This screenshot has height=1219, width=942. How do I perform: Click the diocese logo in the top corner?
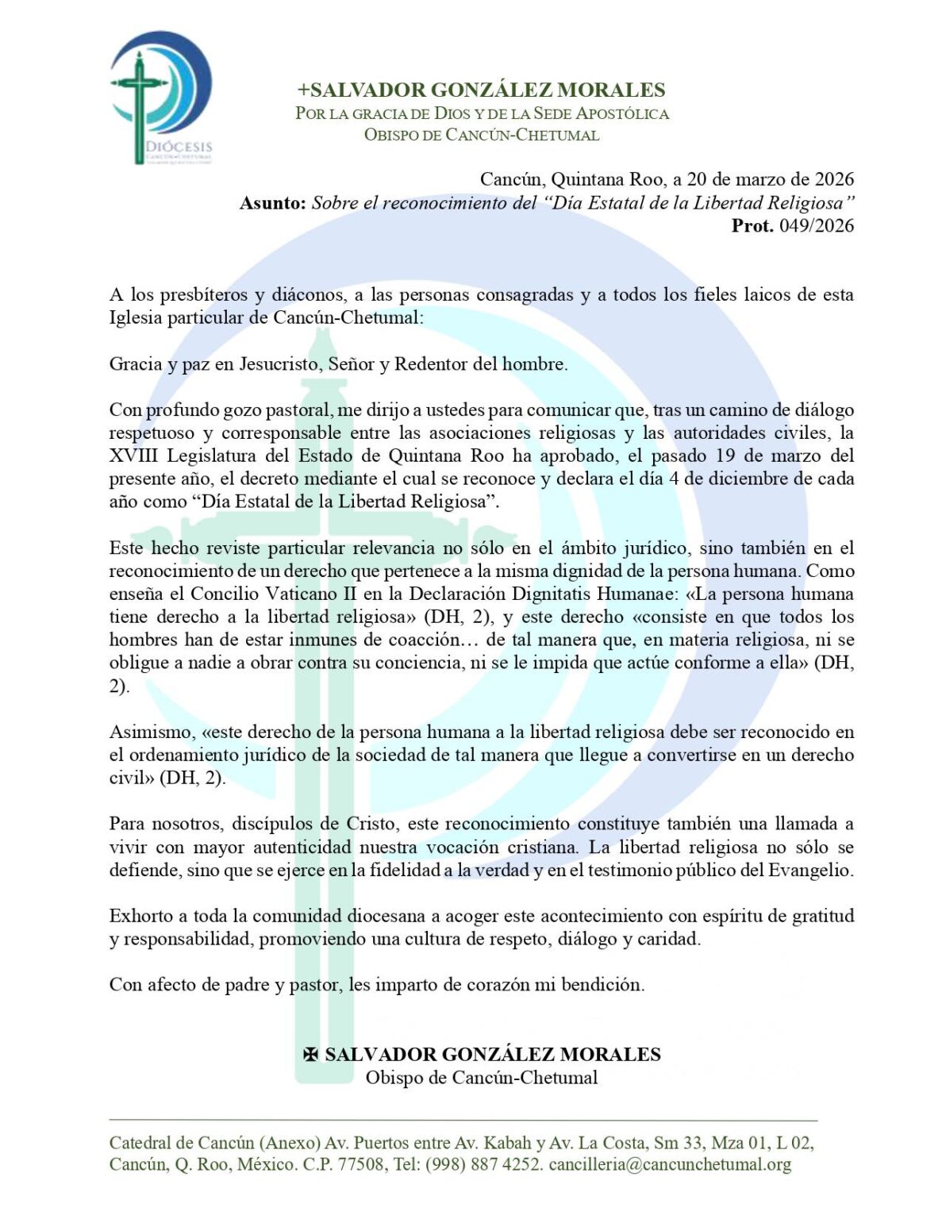pos(161,97)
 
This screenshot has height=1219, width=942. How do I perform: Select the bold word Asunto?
pos(272,203)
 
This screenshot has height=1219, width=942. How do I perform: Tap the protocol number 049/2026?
pos(816,226)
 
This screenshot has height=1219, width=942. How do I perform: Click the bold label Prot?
pos(752,226)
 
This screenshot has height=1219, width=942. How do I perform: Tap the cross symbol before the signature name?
pos(311,1055)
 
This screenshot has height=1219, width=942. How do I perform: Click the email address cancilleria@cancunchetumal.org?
pos(670,1164)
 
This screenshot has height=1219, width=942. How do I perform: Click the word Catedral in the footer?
pos(141,1143)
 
